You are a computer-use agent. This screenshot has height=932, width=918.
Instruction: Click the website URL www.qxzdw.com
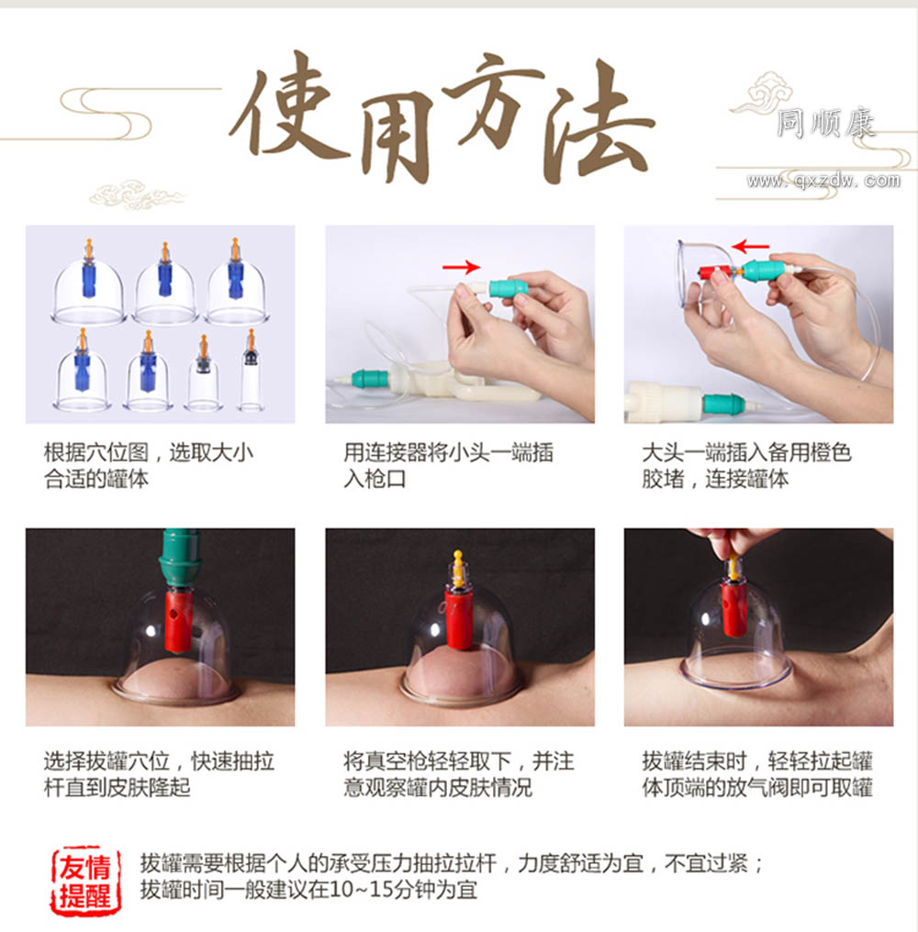tap(823, 180)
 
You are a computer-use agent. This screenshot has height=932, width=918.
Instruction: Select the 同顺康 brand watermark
tap(826, 124)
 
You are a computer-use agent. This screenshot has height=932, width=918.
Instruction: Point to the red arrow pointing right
tap(461, 267)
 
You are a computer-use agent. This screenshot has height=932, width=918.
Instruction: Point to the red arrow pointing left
tap(750, 246)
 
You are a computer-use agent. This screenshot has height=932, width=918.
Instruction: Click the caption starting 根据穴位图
tap(149, 465)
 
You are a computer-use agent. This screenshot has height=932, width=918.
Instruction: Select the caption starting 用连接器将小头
tap(448, 465)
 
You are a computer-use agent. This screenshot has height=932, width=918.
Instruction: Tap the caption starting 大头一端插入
tap(746, 465)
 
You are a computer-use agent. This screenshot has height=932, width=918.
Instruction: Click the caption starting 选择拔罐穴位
tap(159, 774)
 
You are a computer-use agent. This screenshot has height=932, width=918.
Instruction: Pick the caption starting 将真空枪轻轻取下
tap(458, 774)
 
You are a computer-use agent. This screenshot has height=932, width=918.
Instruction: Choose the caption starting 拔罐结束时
tap(756, 774)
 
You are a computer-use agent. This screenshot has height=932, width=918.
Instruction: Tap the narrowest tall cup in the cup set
tap(251, 371)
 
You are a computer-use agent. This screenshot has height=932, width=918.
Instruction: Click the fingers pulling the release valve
tap(734, 541)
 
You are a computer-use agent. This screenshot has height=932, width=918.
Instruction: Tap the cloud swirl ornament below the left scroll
tap(137, 194)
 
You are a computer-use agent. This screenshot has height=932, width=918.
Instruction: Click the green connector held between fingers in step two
tap(508, 289)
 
